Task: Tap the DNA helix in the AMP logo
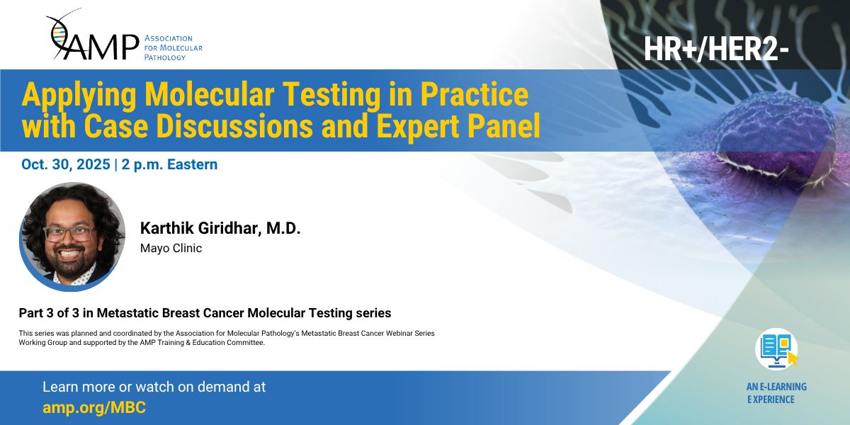(x=59, y=33)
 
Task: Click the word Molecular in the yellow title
(x=209, y=94)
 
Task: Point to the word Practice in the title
(x=474, y=94)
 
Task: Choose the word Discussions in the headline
(x=234, y=125)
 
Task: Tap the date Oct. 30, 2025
(x=66, y=164)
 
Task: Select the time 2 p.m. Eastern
(x=169, y=164)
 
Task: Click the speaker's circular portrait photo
(x=72, y=237)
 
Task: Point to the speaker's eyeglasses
(x=69, y=233)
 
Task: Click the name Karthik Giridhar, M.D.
(x=220, y=228)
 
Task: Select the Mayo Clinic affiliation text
(x=171, y=248)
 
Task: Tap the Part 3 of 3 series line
(x=205, y=313)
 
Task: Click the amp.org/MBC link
(x=94, y=408)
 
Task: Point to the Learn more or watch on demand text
(x=154, y=387)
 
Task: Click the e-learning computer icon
(x=776, y=349)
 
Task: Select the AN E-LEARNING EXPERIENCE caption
(x=776, y=393)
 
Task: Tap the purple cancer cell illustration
(x=778, y=137)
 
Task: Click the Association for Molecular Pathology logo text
(x=173, y=48)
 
